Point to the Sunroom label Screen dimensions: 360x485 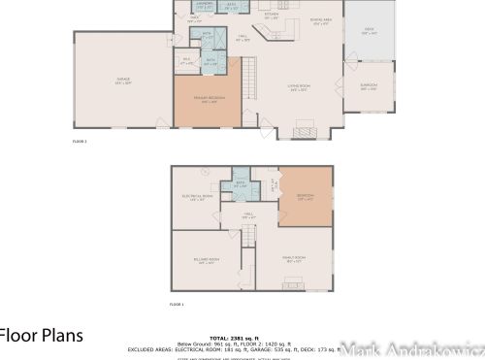click(370, 87)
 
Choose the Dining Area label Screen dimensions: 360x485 click(320, 20)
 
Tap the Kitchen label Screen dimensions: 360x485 click(272, 16)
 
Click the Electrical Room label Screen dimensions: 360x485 click(197, 199)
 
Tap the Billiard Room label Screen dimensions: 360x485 click(206, 261)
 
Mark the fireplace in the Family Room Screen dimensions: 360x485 click(293, 284)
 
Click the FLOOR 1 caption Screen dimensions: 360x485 click(177, 305)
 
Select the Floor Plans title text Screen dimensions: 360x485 click(42, 335)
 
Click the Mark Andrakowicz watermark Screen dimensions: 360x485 click(428, 348)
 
